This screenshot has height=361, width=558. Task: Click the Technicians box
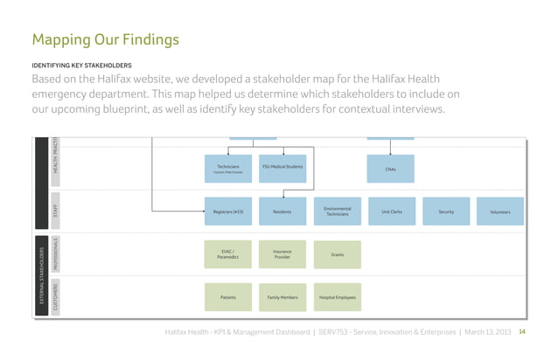228,169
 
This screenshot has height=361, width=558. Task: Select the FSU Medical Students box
282,169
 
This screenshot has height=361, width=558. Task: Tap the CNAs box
390,169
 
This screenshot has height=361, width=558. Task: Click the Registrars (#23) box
228,212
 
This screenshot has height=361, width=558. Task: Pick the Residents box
282,212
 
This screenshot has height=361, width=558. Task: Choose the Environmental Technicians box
337,212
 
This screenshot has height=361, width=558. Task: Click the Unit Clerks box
390,212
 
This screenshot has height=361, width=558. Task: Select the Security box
444,212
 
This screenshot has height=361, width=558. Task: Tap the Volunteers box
499,212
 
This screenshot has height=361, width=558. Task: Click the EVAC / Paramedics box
228,254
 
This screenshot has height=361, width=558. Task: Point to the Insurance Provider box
282,254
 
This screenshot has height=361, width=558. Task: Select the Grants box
337,254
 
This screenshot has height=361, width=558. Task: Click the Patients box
228,298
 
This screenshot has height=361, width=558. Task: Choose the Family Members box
282,298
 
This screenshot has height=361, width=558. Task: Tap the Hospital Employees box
337,298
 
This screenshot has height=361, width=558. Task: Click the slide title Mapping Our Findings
105,39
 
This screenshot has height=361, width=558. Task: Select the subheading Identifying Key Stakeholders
81,65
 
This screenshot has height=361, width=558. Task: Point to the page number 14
522,332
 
